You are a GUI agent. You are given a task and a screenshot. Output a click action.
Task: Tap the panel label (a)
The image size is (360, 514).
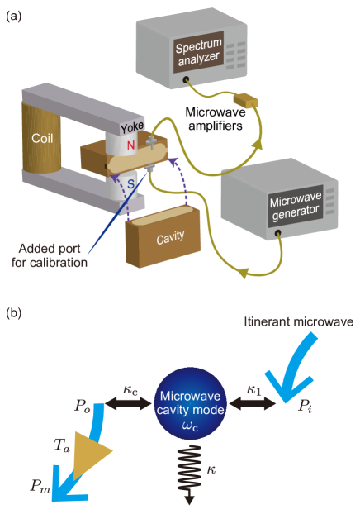tap(14, 15)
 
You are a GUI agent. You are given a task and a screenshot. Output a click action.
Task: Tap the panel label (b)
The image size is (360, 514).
tap(15, 314)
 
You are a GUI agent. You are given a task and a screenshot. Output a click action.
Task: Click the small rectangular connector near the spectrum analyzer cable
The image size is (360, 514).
tap(246, 102)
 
